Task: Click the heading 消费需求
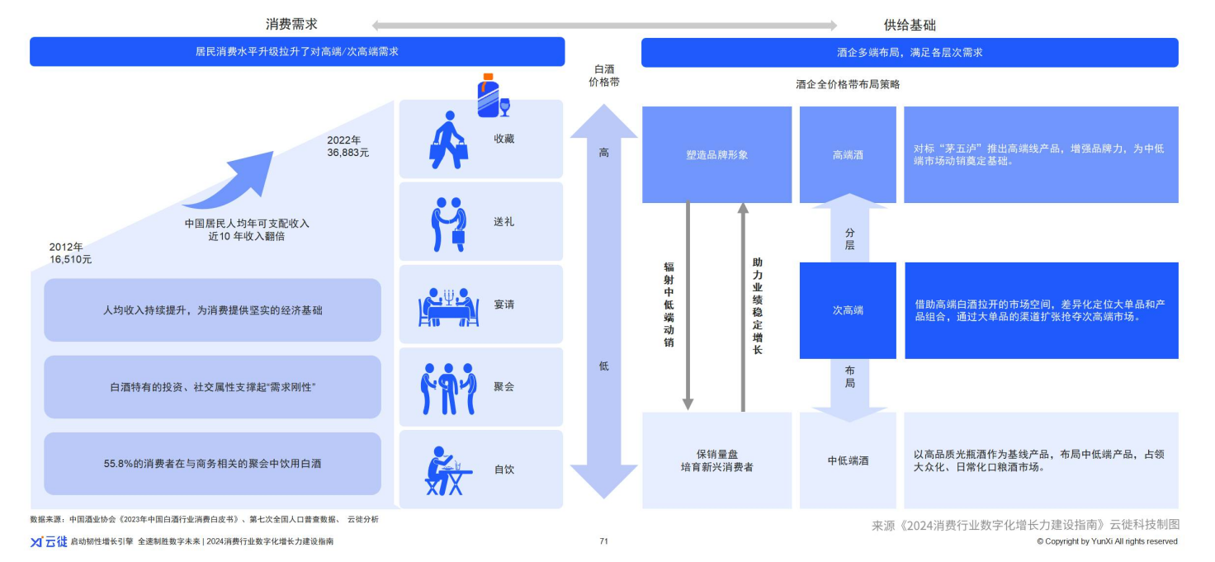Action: pos(291,25)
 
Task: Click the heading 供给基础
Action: pos(910,25)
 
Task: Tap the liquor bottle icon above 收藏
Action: pos(489,95)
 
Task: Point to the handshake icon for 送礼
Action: pos(448,223)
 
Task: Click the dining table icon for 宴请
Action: pos(448,306)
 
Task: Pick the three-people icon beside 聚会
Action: pos(448,388)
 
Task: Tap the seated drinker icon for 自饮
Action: pos(448,470)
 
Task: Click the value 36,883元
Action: pos(348,153)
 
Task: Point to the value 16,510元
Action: pos(71,259)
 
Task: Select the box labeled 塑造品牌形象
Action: pos(716,154)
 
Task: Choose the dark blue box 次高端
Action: pos(848,310)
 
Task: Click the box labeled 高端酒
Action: pos(848,154)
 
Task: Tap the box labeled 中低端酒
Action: pos(848,460)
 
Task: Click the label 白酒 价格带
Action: pos(603,76)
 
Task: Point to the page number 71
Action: pos(603,541)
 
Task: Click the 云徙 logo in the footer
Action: pos(49,541)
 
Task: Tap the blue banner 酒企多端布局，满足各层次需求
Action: pos(910,52)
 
